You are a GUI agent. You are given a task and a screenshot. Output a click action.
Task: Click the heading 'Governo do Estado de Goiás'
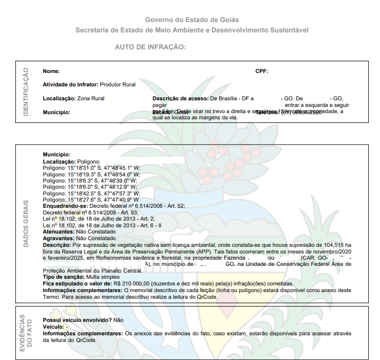pyautogui.click(x=192, y=20)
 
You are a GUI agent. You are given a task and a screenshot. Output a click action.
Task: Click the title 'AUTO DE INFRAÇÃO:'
pyautogui.click(x=150, y=47)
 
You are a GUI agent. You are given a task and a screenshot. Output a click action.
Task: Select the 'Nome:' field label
pyautogui.click(x=51, y=71)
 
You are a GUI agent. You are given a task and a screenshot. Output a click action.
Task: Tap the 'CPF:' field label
pyautogui.click(x=262, y=71)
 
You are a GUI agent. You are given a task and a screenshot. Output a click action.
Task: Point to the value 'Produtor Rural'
pyautogui.click(x=118, y=84)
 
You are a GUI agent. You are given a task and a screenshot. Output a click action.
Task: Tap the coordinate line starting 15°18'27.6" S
pyautogui.click(x=91, y=200)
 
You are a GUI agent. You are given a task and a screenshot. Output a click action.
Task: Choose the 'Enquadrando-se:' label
pyautogui.click(x=64, y=206)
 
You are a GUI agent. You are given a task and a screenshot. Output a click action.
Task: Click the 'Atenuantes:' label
pyautogui.click(x=59, y=232)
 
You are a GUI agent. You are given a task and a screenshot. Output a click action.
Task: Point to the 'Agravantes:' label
pyautogui.click(x=59, y=239)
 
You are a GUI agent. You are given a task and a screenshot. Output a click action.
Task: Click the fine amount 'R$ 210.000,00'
pyautogui.click(x=131, y=284)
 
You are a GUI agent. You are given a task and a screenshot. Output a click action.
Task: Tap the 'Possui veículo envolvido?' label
pyautogui.click(x=77, y=320)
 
